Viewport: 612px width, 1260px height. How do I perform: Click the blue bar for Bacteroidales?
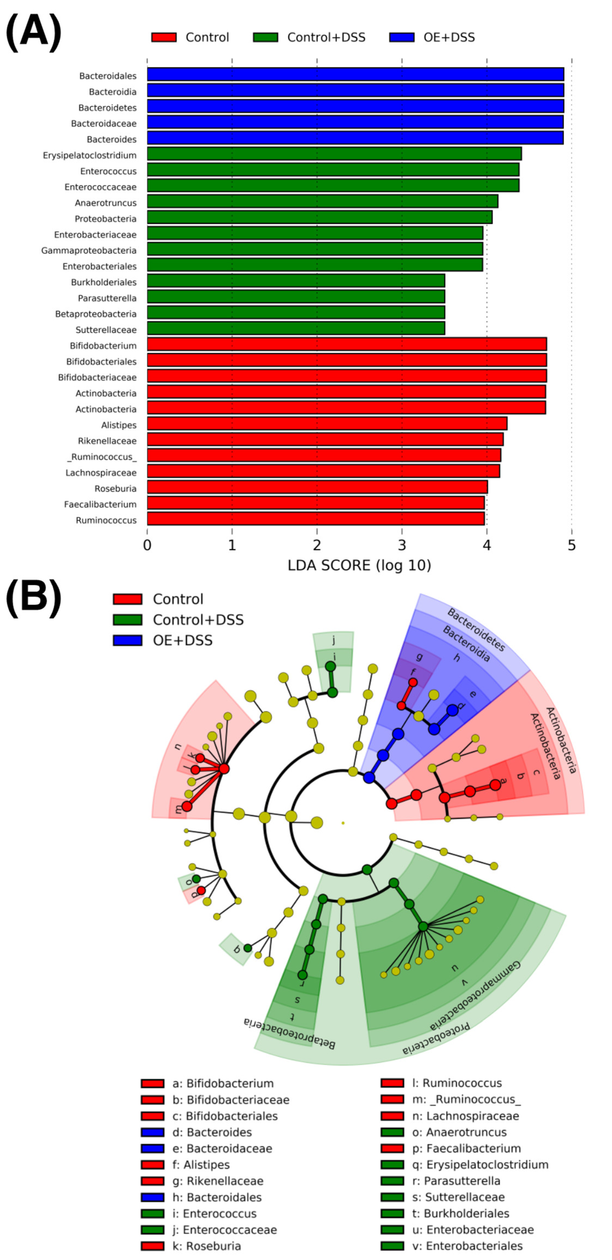[355, 74]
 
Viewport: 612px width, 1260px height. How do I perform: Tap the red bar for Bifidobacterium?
[347, 344]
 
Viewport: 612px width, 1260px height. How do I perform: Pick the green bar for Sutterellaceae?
[296, 328]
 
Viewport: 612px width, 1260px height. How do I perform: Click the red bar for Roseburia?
[317, 487]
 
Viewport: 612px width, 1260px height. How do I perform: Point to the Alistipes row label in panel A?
[119, 425]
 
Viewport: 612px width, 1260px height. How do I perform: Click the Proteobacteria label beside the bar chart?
[106, 219]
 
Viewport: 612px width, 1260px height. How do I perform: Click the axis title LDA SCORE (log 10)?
[359, 566]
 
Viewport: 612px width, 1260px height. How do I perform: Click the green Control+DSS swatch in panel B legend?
[128, 620]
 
